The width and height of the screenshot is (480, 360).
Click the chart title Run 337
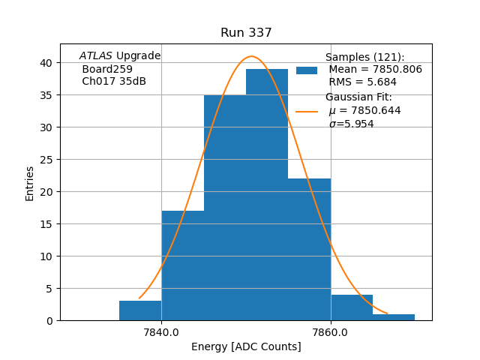click(246, 33)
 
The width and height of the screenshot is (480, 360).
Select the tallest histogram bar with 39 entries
click(267, 195)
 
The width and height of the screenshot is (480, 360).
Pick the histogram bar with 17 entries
click(182, 265)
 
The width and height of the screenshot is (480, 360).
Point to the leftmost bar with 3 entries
click(140, 310)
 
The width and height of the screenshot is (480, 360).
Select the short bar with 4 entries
click(352, 307)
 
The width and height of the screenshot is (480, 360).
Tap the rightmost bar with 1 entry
click(394, 317)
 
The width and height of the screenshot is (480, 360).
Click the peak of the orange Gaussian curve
click(252, 56)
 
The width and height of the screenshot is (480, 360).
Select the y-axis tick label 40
click(46, 63)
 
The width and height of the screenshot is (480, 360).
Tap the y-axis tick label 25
click(46, 160)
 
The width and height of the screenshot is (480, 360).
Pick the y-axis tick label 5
click(49, 289)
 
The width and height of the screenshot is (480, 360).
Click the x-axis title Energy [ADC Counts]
click(246, 346)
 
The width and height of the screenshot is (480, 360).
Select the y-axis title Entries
click(30, 183)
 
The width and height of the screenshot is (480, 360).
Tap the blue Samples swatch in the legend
click(307, 70)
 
